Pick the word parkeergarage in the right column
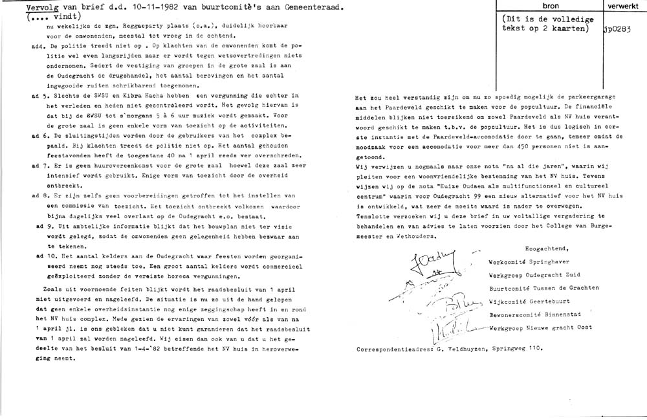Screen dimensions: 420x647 pos(586,96)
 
